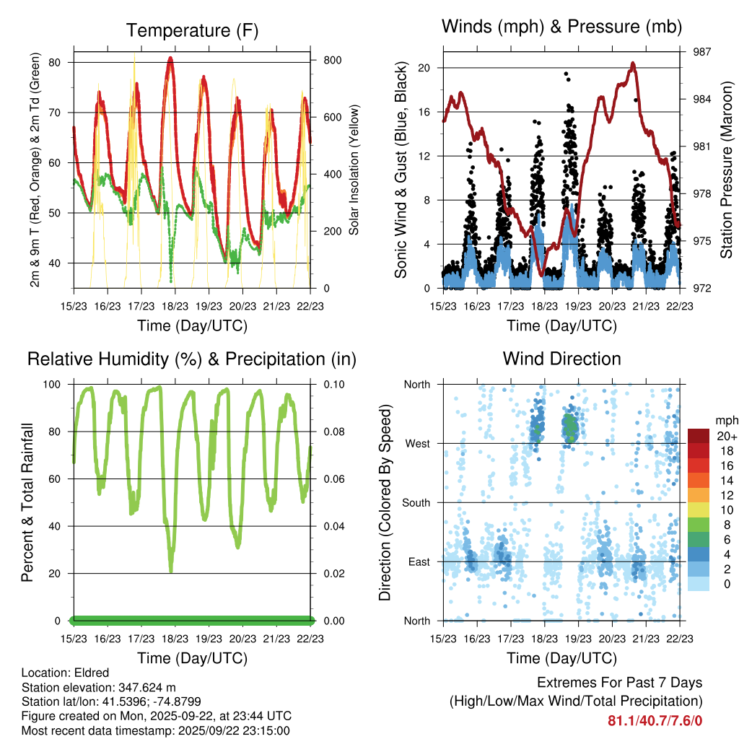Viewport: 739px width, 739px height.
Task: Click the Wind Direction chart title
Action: tap(561, 358)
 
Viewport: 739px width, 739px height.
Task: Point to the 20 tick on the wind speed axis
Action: tap(425, 68)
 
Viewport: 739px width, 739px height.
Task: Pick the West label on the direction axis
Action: tap(417, 443)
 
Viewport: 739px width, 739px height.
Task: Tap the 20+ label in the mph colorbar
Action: tap(725, 436)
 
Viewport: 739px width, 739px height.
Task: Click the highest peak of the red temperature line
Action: tap(170, 58)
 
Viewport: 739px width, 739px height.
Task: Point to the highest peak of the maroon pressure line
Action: tap(633, 63)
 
